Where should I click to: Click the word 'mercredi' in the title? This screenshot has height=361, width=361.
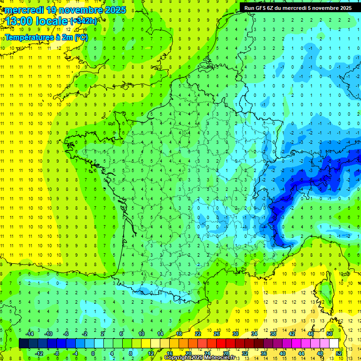(x=24, y=10)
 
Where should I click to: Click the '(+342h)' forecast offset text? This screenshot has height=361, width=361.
(x=84, y=21)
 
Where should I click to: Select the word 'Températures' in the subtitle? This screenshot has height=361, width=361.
(x=29, y=38)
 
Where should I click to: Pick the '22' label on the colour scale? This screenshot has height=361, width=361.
(x=198, y=334)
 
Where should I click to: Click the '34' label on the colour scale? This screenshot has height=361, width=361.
(x=254, y=334)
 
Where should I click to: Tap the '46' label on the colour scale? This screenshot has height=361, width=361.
(x=311, y=334)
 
